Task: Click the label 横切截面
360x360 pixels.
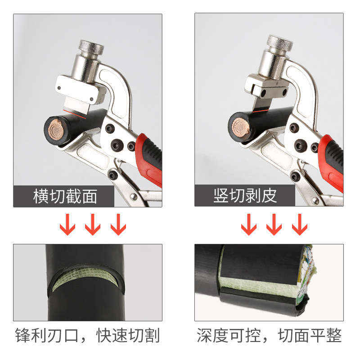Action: pos(65,196)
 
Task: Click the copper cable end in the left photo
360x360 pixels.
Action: pos(56,130)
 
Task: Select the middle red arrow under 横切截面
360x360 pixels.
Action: pos(93,224)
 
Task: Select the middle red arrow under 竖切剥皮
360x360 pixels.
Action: pos(274,224)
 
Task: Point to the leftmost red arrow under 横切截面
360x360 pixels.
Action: pos(68,224)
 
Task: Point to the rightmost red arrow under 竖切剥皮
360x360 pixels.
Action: pos(299,224)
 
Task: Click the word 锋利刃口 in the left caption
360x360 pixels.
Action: pos(49,336)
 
